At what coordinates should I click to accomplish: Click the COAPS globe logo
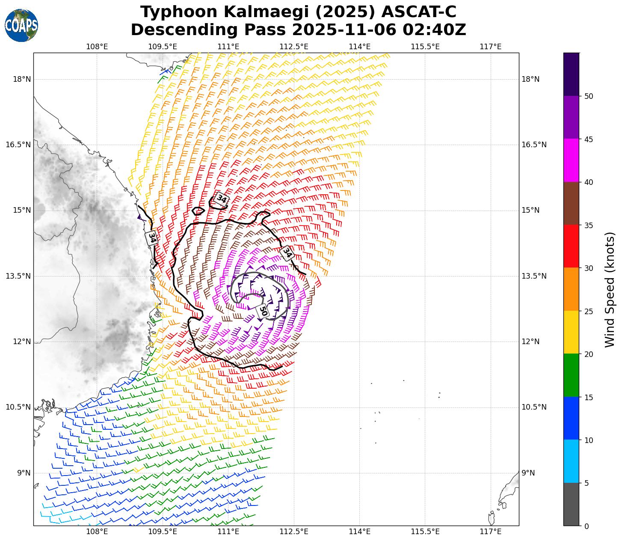(x=21, y=25)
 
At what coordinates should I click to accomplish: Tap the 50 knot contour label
(x=263, y=311)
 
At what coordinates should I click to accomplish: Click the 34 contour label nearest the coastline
(x=151, y=238)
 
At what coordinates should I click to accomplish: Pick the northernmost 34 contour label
(x=221, y=199)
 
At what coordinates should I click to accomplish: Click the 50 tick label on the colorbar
(x=589, y=96)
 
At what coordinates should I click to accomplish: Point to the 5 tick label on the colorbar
(x=586, y=483)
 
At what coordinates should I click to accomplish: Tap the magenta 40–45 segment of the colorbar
(x=571, y=161)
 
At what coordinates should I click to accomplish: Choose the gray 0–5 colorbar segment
(x=571, y=504)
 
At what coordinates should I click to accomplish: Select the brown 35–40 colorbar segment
(x=571, y=203)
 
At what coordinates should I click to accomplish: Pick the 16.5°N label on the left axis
(x=18, y=145)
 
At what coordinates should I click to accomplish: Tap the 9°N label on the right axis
(x=528, y=473)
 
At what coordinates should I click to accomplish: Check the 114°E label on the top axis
(x=360, y=46)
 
